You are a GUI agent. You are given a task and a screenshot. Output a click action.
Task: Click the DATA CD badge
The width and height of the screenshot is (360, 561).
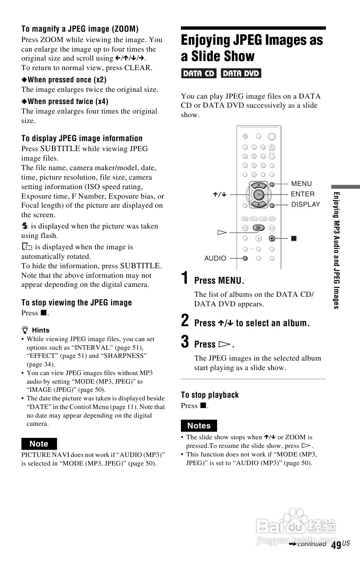point(199,73)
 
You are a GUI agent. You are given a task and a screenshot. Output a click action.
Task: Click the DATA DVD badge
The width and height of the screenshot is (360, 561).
point(241,73)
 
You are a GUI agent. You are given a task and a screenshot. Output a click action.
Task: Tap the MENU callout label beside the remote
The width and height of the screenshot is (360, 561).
point(301,184)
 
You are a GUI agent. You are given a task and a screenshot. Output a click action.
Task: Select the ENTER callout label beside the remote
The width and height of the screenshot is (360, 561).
point(303,194)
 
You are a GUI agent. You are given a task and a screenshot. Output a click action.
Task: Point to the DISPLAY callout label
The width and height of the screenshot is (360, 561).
point(305,204)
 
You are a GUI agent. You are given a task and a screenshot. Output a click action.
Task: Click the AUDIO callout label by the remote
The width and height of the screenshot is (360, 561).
point(215,258)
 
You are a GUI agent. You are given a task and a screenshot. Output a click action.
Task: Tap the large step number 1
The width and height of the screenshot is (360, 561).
point(185,278)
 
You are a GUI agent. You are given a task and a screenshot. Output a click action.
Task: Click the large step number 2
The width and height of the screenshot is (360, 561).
point(185,321)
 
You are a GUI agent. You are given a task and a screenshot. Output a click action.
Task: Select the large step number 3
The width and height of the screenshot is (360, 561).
point(185,342)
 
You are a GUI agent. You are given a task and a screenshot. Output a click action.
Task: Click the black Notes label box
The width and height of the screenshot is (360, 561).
point(199,426)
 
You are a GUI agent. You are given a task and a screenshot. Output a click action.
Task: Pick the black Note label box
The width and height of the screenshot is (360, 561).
point(39,444)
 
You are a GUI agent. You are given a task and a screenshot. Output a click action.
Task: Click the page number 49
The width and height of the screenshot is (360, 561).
point(336,545)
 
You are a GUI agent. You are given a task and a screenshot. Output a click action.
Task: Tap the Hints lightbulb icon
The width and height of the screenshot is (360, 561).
point(25,330)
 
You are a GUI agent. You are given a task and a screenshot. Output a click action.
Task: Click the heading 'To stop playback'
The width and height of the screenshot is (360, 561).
point(210,395)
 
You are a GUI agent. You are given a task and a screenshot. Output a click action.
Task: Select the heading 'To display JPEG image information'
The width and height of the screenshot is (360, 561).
point(82,138)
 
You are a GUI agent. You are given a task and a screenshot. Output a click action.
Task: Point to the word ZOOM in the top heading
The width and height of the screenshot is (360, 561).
point(122,29)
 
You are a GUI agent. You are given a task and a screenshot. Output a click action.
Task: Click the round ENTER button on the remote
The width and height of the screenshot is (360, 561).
point(258,195)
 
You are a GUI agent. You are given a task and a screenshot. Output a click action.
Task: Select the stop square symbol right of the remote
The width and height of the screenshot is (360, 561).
point(293,237)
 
